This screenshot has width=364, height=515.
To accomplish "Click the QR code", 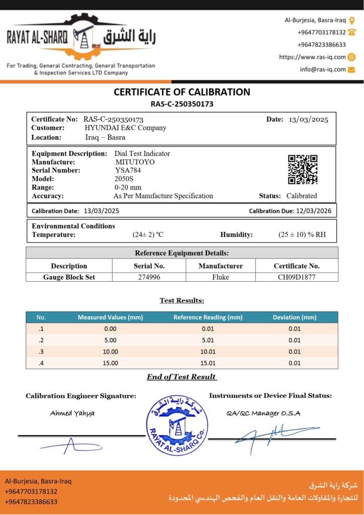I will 303,169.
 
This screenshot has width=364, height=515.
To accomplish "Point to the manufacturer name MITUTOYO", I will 135,162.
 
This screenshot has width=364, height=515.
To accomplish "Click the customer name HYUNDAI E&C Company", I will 125,128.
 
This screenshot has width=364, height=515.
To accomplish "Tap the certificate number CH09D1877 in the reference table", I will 296,277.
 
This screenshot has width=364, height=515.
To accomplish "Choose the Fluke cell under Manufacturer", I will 220,277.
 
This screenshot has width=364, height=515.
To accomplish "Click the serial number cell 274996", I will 149,277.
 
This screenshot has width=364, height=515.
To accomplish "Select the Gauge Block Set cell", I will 69,277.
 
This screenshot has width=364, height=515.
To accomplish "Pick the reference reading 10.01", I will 208,352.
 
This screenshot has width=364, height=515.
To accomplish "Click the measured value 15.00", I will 110,363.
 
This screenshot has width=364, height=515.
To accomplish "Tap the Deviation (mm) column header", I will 294,317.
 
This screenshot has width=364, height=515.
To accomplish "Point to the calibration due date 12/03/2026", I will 313,211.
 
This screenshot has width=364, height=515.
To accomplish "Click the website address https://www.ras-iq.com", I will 312,57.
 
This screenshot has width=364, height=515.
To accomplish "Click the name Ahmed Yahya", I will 72,413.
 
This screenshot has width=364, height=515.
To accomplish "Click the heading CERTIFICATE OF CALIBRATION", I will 182,92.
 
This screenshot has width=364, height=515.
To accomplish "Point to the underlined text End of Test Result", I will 181,377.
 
